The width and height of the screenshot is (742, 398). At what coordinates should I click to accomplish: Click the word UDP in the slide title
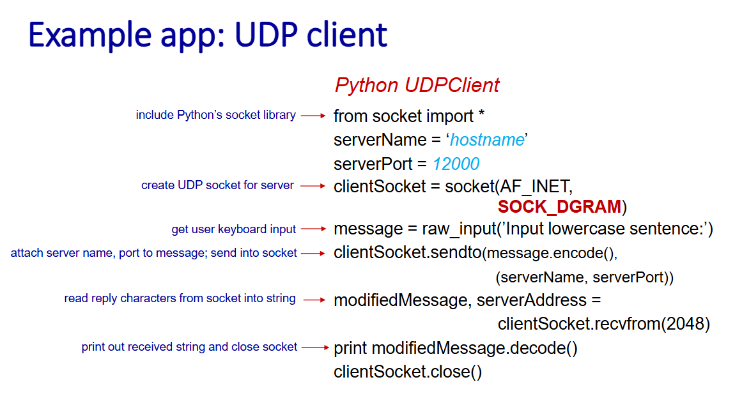(267, 35)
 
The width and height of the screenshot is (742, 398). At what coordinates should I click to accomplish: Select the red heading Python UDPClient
(417, 86)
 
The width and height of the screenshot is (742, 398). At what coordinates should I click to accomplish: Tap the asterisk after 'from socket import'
(481, 114)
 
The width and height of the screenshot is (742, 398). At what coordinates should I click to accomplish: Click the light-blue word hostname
(487, 140)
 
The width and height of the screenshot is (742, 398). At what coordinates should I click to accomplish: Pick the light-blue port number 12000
(456, 164)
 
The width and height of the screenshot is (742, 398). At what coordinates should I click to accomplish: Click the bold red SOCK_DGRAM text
(559, 207)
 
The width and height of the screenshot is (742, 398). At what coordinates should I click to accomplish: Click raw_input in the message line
(459, 229)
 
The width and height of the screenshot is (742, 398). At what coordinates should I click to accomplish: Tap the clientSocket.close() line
(408, 372)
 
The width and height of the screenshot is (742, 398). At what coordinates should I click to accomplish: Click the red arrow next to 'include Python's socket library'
(313, 116)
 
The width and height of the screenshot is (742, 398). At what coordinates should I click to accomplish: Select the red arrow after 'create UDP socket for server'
(313, 186)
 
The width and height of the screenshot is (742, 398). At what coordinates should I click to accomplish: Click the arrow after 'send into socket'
(313, 253)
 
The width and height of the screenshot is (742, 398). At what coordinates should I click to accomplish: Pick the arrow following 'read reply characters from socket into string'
(314, 300)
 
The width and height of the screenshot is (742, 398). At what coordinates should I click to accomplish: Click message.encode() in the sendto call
(548, 253)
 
